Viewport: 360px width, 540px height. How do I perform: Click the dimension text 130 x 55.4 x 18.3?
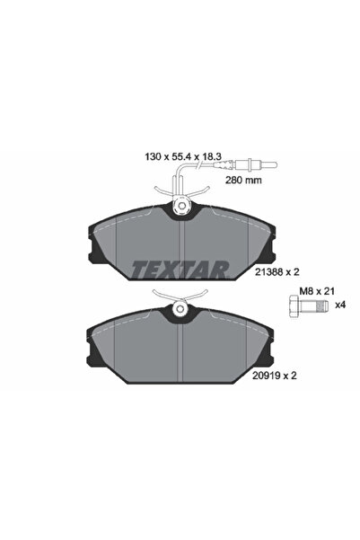[185, 155]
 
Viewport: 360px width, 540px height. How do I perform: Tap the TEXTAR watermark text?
[180, 267]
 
